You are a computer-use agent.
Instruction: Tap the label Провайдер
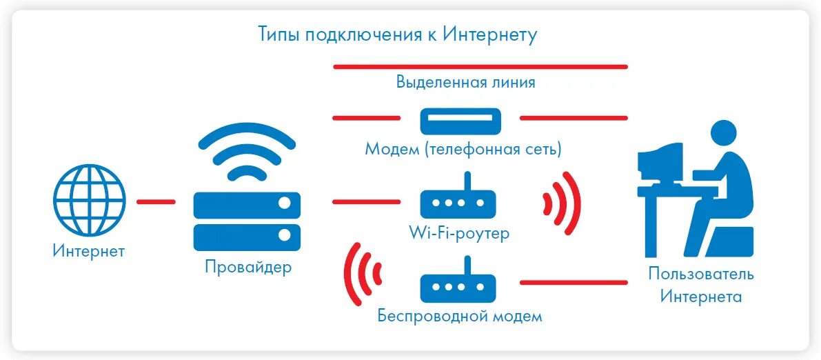(248, 267)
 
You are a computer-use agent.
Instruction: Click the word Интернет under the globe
(89, 250)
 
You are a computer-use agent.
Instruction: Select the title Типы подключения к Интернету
(397, 34)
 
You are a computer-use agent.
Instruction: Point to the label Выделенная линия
(465, 82)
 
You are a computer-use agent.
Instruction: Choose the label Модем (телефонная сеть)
(463, 148)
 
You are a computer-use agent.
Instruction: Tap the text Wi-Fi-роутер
(458, 233)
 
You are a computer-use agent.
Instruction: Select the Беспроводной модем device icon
(458, 283)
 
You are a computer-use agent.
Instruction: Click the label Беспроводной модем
(460, 316)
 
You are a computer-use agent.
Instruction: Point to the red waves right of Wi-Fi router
(561, 203)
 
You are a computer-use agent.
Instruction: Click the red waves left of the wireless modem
(363, 274)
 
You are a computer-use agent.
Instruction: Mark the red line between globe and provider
(156, 202)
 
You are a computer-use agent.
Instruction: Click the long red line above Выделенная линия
(480, 67)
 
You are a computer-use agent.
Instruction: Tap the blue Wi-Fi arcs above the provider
(247, 152)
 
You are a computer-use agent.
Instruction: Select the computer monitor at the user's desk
(660, 160)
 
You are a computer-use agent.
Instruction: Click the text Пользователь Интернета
(701, 285)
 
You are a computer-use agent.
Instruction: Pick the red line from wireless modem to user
(574, 283)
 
